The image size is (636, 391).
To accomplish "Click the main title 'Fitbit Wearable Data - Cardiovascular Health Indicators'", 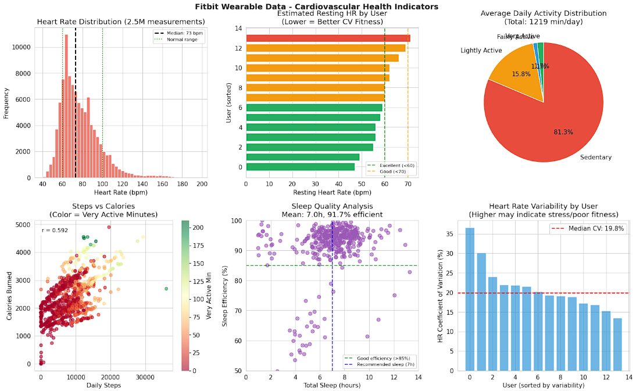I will coord(317,6).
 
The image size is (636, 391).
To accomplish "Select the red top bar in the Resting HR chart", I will coord(328,38).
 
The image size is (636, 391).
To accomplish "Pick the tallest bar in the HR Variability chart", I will coord(470,299).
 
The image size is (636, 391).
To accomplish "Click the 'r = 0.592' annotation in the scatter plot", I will coord(55,230).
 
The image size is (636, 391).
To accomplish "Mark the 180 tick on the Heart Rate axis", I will coord(182,184).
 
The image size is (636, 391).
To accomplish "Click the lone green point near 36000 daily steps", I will coord(166,289).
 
